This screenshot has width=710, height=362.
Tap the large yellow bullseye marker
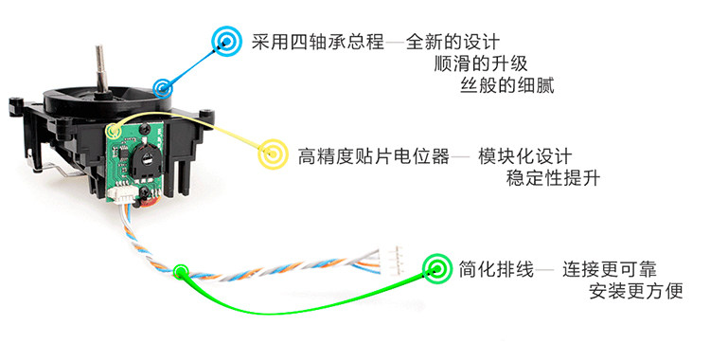click(x=273, y=154)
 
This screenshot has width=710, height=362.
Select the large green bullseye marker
click(x=437, y=269)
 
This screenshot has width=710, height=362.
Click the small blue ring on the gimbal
click(x=163, y=87)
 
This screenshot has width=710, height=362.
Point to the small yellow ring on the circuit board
click(x=114, y=131)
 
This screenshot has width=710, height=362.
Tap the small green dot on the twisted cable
click(x=181, y=272)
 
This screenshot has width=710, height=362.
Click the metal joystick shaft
click(x=99, y=69)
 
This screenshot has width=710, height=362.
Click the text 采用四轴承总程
click(x=318, y=42)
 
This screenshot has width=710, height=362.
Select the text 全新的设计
click(x=453, y=42)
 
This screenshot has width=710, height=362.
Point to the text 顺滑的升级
click(x=481, y=63)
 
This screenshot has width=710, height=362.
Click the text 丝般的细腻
click(x=507, y=85)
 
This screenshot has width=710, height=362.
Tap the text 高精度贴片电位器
click(x=374, y=155)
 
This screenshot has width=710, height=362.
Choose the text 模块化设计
click(x=525, y=156)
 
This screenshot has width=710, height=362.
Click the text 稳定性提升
click(x=553, y=178)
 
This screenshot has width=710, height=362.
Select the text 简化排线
click(x=496, y=269)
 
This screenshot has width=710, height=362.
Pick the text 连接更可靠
click(x=610, y=269)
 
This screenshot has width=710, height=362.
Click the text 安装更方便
click(x=636, y=291)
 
